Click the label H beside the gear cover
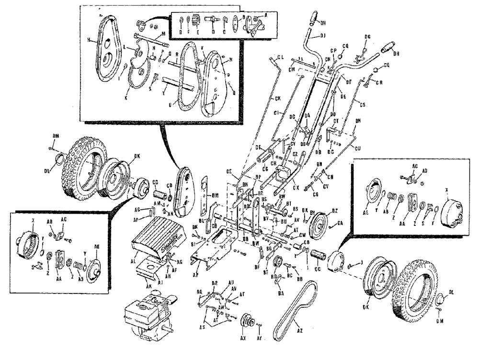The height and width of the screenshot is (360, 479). point(89,40)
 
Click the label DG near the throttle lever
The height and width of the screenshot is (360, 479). point(367,37)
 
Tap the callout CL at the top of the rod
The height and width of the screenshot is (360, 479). point(281,57)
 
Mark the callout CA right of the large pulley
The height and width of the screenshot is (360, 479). point(340,223)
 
